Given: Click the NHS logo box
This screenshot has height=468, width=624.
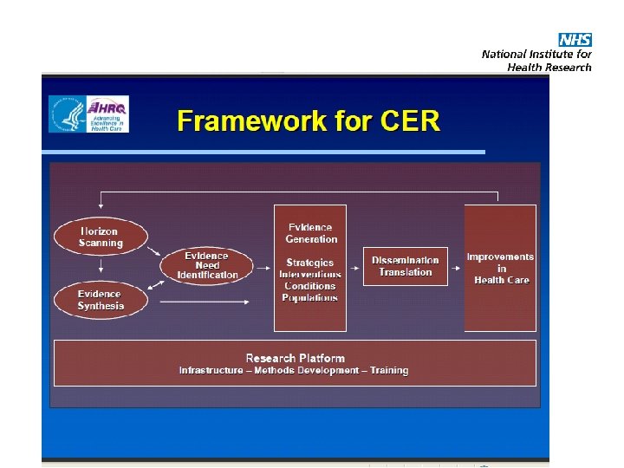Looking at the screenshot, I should point(575,40).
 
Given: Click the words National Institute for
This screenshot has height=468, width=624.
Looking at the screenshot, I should point(536,55).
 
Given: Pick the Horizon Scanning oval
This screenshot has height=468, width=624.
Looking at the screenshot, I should point(101,237).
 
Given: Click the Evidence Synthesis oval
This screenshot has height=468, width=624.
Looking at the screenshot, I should point(101,300).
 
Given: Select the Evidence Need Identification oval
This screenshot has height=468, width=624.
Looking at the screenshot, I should point(207,266).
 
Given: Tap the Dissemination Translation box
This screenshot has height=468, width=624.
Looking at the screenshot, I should point(406,266).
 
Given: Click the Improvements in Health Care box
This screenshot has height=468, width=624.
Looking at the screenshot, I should point(501,268).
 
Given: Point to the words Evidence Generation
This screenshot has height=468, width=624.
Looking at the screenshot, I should point(311,233).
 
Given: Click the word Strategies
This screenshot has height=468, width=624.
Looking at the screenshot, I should point(310,263).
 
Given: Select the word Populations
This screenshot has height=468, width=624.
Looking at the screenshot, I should point(310,297).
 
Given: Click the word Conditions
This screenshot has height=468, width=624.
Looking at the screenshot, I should point(310,286).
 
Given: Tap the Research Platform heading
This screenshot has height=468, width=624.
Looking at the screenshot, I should point(295,358).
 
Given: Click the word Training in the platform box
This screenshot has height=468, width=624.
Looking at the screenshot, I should point(389,371).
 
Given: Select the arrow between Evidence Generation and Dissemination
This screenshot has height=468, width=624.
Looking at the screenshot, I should point(354,267).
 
